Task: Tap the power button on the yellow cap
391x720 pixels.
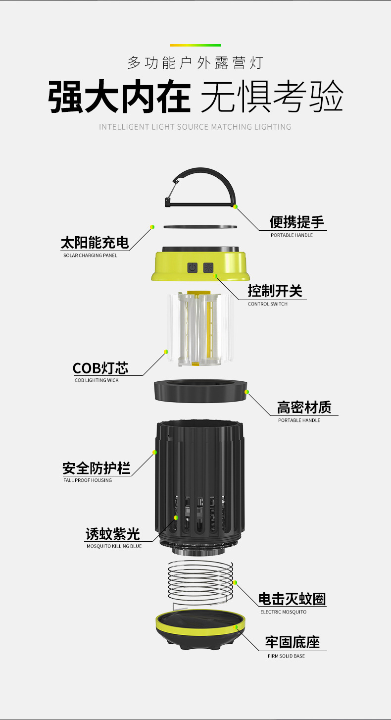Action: [x=192, y=268]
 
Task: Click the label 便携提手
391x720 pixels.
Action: [x=296, y=222]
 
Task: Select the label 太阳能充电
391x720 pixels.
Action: [x=95, y=243]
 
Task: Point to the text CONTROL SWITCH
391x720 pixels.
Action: [x=268, y=304]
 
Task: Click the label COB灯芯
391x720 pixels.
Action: [x=100, y=368]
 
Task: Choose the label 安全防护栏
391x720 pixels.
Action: [x=97, y=468]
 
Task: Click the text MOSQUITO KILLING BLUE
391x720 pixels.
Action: [x=114, y=546]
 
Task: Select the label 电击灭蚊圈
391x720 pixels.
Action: [x=292, y=599]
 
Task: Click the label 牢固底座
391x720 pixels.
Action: [x=293, y=643]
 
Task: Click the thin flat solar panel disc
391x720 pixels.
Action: [x=200, y=227]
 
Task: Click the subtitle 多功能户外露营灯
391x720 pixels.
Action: [x=195, y=63]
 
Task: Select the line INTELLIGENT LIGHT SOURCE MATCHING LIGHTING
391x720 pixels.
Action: [x=195, y=127]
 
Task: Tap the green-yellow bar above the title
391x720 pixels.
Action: [x=195, y=45]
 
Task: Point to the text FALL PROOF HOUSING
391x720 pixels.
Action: [x=88, y=480]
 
